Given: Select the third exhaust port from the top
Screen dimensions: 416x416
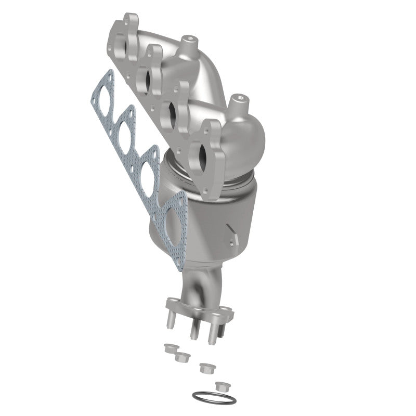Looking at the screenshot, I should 172,110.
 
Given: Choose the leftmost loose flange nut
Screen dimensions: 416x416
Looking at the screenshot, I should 168,348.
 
